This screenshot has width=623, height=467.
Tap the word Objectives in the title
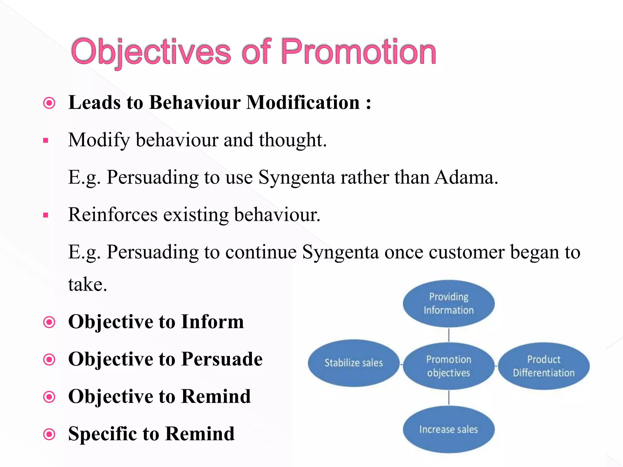151,52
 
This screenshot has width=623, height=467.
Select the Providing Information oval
448,303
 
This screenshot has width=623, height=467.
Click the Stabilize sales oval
353,363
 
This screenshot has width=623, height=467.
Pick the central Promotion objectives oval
448,366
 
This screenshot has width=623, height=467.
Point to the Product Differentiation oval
544,366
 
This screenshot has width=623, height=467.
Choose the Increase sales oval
448,429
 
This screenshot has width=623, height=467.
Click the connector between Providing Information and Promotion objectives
449,335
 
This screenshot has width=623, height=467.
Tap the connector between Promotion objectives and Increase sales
449,397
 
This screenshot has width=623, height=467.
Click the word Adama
466,177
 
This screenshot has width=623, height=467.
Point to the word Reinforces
113,215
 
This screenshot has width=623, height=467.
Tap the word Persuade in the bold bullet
222,359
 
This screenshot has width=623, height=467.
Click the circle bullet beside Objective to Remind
49,397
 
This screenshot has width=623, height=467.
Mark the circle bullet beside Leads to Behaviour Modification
49,103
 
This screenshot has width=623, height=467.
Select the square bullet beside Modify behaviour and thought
46,140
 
